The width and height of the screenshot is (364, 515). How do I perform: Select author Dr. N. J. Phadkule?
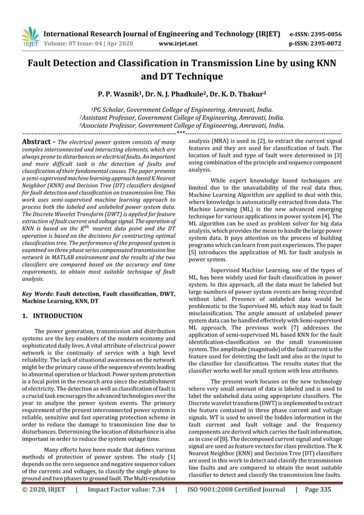180,94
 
